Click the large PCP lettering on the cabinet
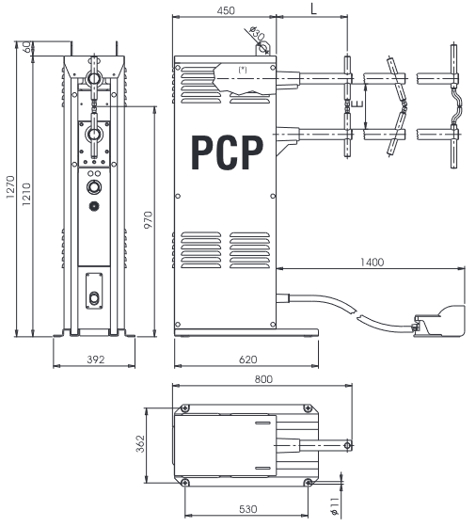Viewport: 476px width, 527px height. tap(227, 152)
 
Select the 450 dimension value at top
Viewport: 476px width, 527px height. tap(226, 10)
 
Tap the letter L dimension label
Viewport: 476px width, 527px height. tap(313, 9)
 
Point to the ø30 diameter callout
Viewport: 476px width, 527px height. tap(258, 33)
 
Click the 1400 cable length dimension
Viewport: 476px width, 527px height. tap(372, 262)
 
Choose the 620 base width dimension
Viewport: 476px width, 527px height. tap(248, 359)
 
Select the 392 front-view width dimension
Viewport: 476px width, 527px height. tap(96, 359)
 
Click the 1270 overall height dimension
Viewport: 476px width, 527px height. tap(10, 187)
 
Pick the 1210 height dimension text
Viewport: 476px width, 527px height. tap(26, 194)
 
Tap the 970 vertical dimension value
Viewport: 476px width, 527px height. tap(148, 220)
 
